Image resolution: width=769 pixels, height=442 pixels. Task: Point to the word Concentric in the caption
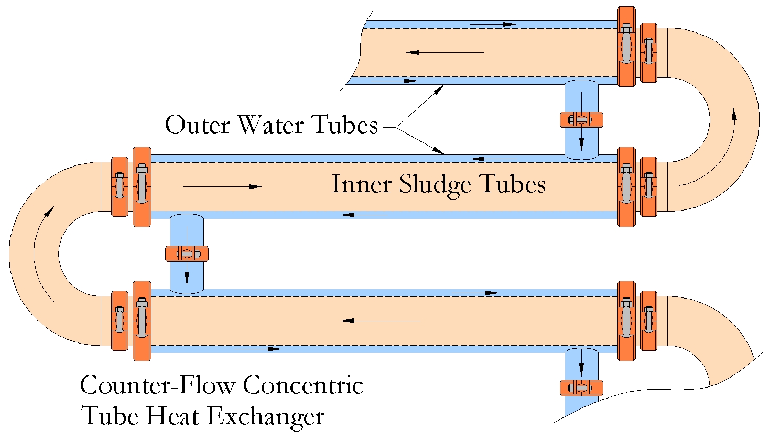pos(303,385)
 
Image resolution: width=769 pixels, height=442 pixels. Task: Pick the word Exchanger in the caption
pos(265,416)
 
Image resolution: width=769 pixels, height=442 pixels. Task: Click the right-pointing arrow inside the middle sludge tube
pos(222,186)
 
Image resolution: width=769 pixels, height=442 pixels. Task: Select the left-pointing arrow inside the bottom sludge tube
pos(381,321)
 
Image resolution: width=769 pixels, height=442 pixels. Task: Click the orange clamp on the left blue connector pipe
pos(187,253)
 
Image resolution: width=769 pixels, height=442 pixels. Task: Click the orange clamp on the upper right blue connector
pos(581,119)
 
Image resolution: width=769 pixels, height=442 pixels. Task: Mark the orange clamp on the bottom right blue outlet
pos(581,388)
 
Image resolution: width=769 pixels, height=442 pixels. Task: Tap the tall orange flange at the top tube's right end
pos(626,46)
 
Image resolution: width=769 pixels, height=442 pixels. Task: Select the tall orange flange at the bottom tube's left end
pos(142,321)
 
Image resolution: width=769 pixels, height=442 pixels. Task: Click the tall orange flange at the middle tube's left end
pos(142,186)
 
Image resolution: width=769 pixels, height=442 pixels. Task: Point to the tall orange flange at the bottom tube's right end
pos(626,321)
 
